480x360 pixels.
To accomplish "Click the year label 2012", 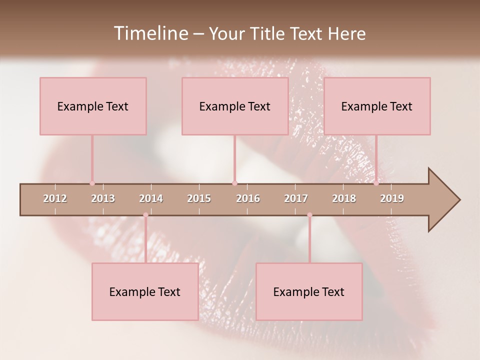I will click(55, 198).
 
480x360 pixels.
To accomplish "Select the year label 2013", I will click(103, 198).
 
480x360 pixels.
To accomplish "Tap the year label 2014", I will click(151, 198).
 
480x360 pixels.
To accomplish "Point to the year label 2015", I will click(199, 198).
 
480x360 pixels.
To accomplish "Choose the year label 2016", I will click(248, 198).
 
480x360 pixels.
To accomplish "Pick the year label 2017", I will click(296, 198).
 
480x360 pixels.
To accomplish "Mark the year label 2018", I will click(344, 198).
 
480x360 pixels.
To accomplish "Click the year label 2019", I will click(392, 198).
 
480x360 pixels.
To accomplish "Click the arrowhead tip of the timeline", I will click(459, 200).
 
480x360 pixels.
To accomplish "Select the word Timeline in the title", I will click(150, 33).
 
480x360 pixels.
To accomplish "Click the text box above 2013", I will click(93, 106).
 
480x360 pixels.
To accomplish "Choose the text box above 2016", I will click(235, 106).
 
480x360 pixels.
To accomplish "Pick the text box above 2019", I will click(377, 106).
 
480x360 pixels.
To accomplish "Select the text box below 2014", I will click(145, 291).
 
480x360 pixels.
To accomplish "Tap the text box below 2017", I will click(309, 291).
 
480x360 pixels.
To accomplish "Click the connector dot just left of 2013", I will click(92, 183).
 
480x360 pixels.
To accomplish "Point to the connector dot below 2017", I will click(309, 215).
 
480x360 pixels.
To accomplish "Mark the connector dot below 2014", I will click(145, 215).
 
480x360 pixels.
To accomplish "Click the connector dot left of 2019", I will click(376, 183).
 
